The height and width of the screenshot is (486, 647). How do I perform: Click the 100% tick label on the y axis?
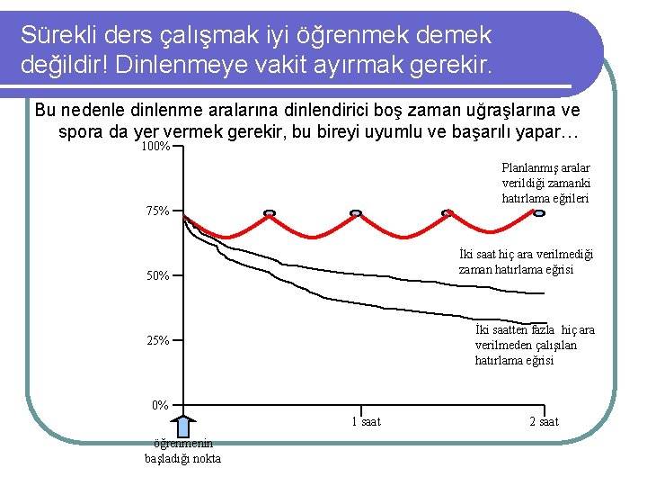[156, 146]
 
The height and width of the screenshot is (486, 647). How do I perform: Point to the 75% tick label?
[157, 211]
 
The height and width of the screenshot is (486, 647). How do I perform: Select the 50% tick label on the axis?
[157, 275]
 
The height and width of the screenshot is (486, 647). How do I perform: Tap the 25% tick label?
[157, 340]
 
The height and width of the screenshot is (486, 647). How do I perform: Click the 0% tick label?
[160, 405]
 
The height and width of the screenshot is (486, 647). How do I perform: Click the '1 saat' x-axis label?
[364, 421]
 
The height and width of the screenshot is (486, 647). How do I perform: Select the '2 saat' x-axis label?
[543, 421]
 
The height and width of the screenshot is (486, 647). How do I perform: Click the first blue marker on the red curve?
[269, 214]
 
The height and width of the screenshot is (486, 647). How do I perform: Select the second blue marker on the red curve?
[356, 214]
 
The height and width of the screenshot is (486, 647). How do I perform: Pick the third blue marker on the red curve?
[448, 214]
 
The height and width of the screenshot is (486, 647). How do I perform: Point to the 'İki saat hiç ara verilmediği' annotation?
[526, 262]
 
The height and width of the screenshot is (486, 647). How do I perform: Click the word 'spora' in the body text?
[79, 131]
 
